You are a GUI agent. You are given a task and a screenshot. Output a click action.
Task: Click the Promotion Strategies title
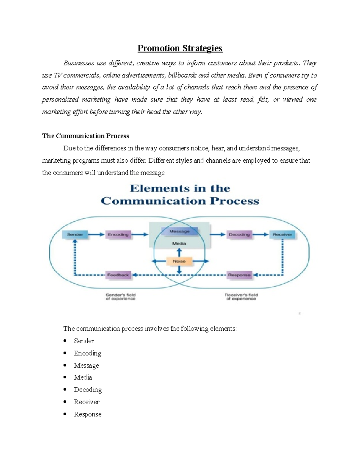(180, 48)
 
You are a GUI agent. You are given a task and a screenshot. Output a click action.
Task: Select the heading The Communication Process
(85, 136)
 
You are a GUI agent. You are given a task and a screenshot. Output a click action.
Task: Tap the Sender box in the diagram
(75, 235)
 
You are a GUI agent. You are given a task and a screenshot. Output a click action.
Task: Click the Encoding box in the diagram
(118, 235)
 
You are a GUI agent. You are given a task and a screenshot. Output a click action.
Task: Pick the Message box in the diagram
(179, 231)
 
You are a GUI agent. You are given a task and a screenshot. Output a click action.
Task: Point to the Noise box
(179, 261)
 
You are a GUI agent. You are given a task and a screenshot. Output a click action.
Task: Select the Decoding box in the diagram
(239, 235)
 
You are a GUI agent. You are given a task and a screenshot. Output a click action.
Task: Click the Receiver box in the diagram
(282, 235)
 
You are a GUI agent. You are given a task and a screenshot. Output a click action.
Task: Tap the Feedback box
(118, 275)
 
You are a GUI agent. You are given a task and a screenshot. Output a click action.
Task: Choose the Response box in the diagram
(239, 275)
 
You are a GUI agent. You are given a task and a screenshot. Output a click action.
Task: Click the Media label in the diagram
(179, 244)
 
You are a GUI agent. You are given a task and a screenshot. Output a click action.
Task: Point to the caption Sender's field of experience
(121, 297)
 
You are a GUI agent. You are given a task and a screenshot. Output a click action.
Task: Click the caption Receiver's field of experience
(241, 297)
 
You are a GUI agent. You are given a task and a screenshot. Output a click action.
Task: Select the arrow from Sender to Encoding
(96, 235)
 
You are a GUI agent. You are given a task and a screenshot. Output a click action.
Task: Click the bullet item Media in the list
(83, 377)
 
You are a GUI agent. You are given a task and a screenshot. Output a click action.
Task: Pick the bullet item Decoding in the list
(88, 390)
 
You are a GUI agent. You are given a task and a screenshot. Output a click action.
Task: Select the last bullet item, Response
(88, 414)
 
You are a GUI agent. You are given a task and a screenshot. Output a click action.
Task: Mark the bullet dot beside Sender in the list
(65, 341)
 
